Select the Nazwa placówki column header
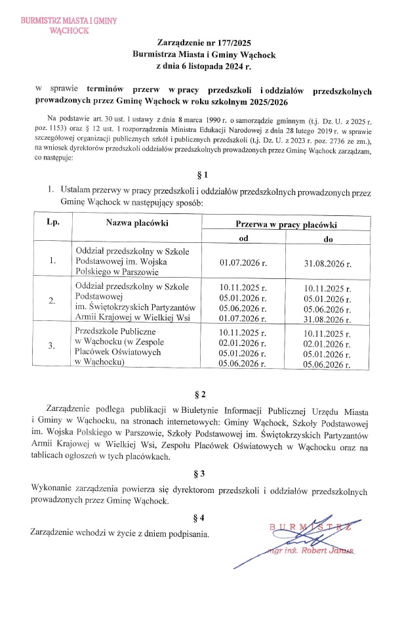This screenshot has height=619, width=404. (x=137, y=223)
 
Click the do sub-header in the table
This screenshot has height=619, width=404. (x=328, y=239)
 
